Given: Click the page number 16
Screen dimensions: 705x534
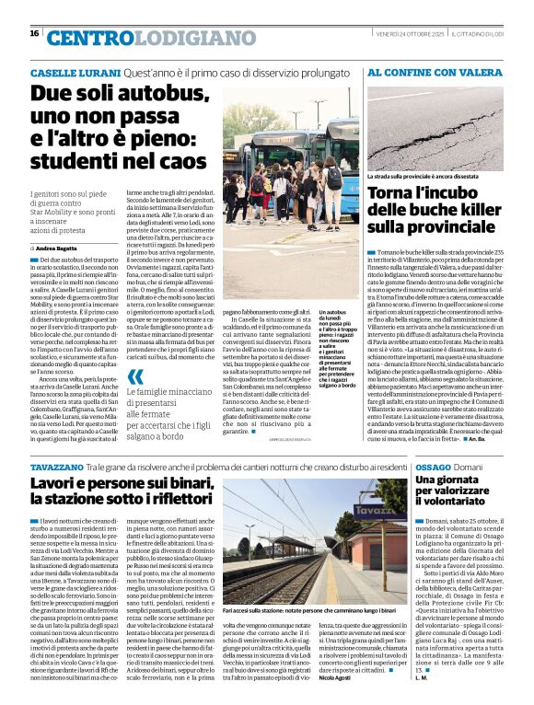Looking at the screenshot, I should (34, 33).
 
